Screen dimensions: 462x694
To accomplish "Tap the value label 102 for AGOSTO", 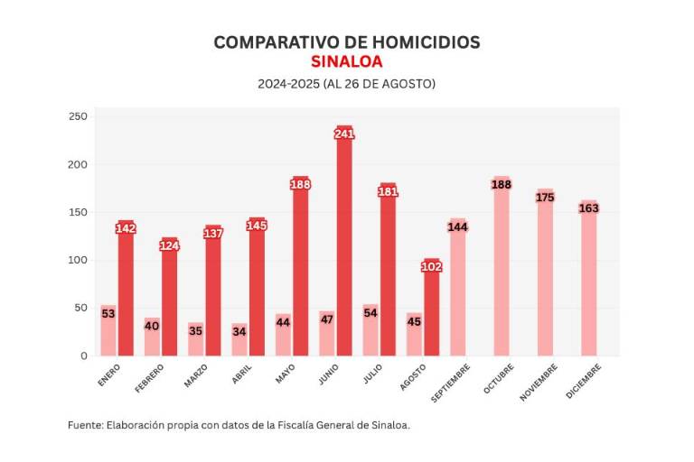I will click(432, 266).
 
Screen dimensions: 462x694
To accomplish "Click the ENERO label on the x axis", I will click(109, 374).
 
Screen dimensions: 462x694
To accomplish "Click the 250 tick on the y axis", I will click(78, 116).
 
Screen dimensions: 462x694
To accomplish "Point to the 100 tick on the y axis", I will click(78, 260).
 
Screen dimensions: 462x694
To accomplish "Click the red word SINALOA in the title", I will click(346, 62).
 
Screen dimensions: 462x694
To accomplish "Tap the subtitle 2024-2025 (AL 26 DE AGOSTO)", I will click(346, 84).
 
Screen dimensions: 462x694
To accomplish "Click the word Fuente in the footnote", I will click(85, 424).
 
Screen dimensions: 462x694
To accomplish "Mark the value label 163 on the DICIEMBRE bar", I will click(589, 208).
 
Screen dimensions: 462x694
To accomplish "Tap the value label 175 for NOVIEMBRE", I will click(545, 198).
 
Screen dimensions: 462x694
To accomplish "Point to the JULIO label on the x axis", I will click(372, 374).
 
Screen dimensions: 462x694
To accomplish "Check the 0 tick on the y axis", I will click(83, 356).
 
